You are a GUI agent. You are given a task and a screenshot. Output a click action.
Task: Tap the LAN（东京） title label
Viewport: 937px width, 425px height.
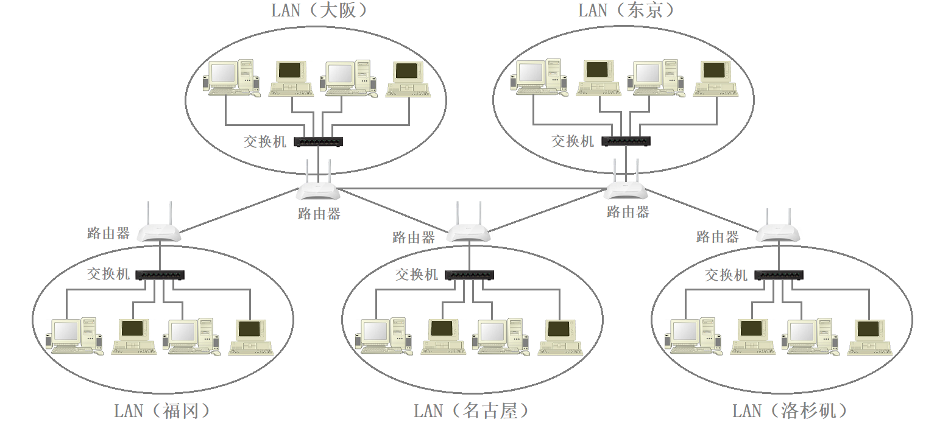tap(628, 10)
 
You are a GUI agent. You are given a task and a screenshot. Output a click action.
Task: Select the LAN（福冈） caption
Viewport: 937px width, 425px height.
tap(163, 411)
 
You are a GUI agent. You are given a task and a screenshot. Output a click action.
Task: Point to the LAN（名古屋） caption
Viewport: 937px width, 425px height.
tap(471, 411)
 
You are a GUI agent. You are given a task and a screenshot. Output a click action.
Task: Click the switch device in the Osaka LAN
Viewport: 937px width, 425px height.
tap(318, 142)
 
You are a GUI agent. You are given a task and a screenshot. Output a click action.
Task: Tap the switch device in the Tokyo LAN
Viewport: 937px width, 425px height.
tap(626, 141)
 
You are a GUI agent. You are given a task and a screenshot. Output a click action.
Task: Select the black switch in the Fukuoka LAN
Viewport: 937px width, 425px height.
tap(160, 275)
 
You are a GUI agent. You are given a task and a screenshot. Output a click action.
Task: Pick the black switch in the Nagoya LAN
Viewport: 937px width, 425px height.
tap(469, 275)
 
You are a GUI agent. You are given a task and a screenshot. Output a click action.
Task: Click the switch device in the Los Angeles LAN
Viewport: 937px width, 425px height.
tap(779, 275)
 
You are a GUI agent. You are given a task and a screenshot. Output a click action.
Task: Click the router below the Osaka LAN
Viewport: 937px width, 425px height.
tap(318, 189)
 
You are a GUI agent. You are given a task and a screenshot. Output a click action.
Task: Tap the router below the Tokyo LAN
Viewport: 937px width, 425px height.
tap(626, 189)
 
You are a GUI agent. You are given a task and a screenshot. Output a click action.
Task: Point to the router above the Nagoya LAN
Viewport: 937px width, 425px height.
tap(468, 231)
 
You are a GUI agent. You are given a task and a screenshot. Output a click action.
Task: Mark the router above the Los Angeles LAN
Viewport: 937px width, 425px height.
tap(778, 231)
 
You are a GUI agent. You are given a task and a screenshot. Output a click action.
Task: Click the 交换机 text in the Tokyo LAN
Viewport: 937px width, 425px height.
tap(573, 141)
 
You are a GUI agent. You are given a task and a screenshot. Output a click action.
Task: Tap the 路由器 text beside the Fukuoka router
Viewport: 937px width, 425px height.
tap(108, 233)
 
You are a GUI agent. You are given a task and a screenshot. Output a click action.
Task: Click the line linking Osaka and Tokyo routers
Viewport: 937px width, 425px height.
tap(472, 189)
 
